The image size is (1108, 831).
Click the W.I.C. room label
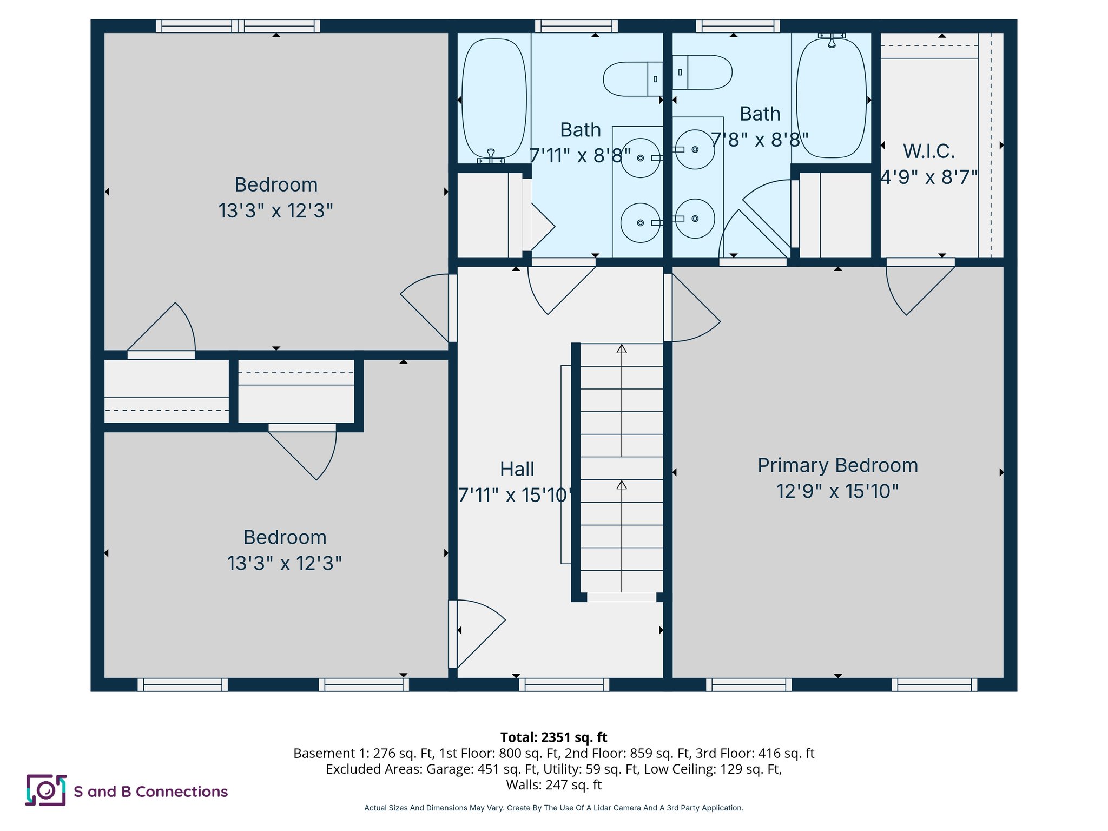click(928, 151)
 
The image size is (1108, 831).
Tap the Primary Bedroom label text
click(837, 465)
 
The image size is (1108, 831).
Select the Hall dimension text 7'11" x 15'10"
click(515, 495)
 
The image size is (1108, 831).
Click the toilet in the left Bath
click(632, 79)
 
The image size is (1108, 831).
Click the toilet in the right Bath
click(702, 72)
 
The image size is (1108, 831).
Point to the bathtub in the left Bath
click(493, 99)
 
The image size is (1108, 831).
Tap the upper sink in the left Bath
click(640, 158)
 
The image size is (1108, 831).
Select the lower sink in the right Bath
click(695, 219)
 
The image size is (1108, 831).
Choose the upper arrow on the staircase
click(622, 349)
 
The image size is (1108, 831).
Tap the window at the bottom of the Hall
click(564, 685)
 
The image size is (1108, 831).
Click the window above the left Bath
click(576, 26)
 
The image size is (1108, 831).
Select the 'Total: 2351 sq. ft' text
click(553, 737)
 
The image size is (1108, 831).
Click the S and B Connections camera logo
click(46, 790)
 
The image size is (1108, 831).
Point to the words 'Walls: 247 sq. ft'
click(553, 784)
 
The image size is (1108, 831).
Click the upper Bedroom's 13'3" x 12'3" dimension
click(275, 210)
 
